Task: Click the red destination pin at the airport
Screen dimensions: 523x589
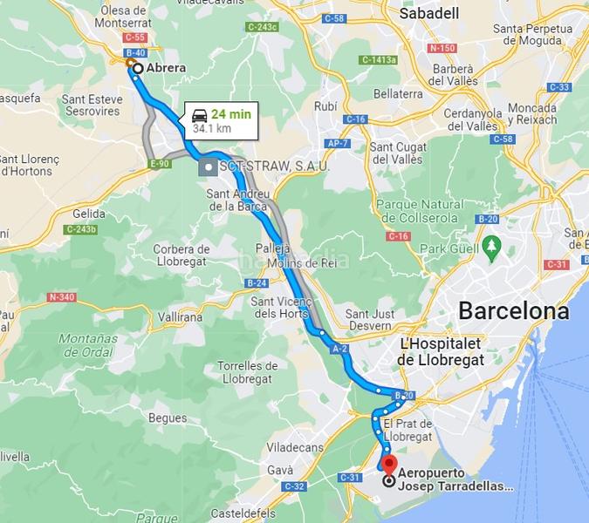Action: click(389, 464)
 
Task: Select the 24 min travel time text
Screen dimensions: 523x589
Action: click(231, 113)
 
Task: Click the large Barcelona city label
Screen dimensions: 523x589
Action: click(513, 310)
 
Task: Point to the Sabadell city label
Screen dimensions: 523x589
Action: click(428, 13)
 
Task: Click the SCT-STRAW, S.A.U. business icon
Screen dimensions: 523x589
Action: click(209, 166)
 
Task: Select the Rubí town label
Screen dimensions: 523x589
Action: click(325, 105)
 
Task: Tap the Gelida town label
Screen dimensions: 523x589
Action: click(89, 214)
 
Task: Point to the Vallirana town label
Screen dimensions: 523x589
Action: click(181, 317)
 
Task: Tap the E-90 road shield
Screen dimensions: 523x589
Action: click(160, 163)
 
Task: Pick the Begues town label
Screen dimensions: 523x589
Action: click(168, 418)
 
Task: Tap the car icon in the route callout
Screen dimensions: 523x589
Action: click(199, 114)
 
